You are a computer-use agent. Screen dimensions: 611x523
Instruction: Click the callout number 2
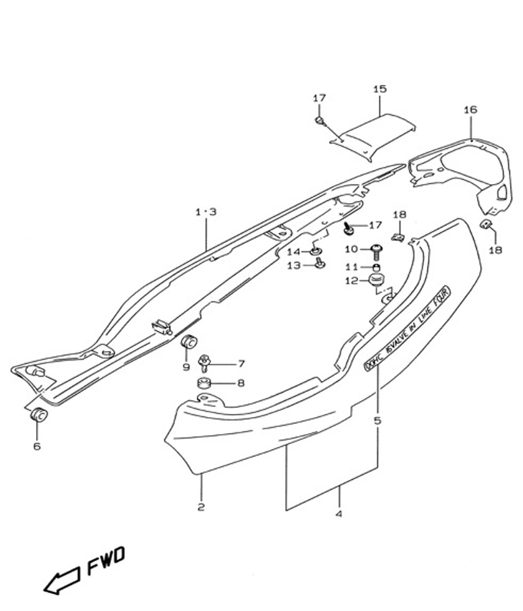[x=201, y=507]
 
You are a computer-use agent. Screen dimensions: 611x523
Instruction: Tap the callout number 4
[x=338, y=514]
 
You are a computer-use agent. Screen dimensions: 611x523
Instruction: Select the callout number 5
[x=377, y=420]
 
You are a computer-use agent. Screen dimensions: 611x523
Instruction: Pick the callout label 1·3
[x=206, y=212]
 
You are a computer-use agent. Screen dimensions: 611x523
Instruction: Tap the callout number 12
[x=352, y=281]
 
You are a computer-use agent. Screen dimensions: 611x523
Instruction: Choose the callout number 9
[x=186, y=367]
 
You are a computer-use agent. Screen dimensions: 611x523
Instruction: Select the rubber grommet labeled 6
[x=38, y=416]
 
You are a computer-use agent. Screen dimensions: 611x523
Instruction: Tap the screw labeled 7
[x=205, y=361]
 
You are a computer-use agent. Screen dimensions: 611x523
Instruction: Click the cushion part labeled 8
[x=205, y=383]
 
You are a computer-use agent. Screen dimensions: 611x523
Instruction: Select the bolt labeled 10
[x=376, y=249]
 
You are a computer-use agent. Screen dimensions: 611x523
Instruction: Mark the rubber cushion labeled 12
[x=376, y=279]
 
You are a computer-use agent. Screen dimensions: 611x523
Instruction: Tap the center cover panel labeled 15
[x=377, y=135]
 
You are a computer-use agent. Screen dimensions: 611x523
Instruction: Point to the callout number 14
[x=294, y=252]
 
